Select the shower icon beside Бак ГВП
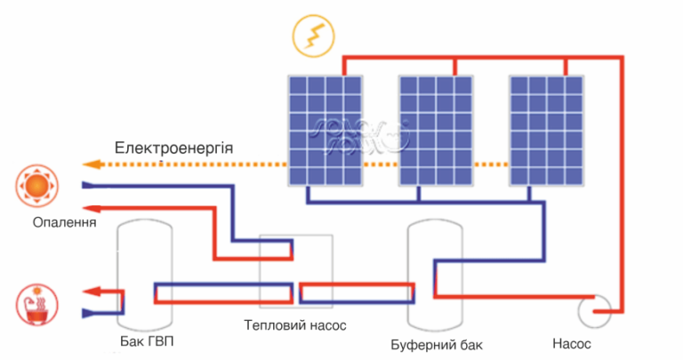[x=37, y=303]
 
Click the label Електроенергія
[x=174, y=148]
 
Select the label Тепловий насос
[x=294, y=325]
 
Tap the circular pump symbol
[x=591, y=310]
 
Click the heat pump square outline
[x=296, y=272]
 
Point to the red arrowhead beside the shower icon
[x=90, y=291]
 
